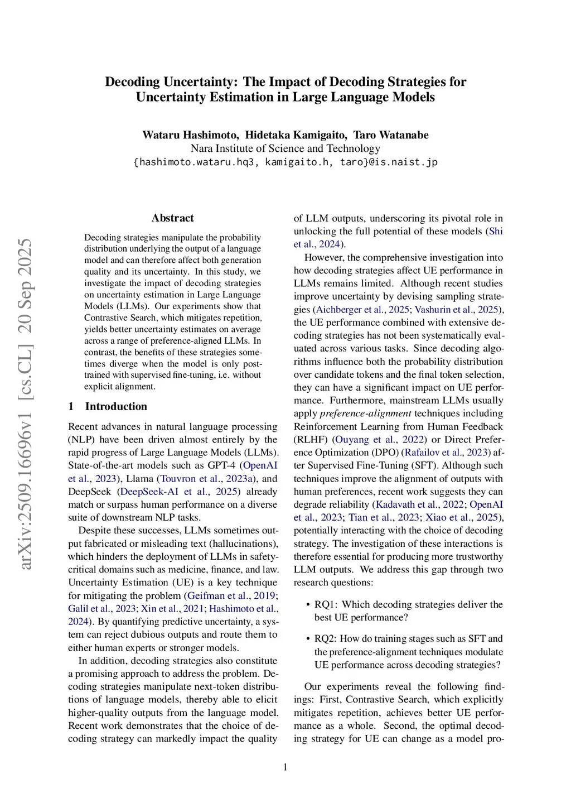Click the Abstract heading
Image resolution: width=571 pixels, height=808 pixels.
click(172, 218)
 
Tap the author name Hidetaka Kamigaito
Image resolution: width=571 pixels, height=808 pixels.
click(296, 135)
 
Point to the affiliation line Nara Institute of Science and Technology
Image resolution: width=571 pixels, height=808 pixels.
click(285, 148)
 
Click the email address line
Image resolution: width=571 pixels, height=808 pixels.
click(285, 162)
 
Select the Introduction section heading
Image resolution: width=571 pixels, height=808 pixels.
click(115, 406)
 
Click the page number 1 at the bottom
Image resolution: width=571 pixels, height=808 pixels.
click(285, 767)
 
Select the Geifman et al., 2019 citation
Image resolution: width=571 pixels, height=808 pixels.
click(231, 595)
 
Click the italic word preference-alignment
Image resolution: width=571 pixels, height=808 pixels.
click(366, 413)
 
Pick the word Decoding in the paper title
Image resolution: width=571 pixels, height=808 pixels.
click(132, 82)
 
